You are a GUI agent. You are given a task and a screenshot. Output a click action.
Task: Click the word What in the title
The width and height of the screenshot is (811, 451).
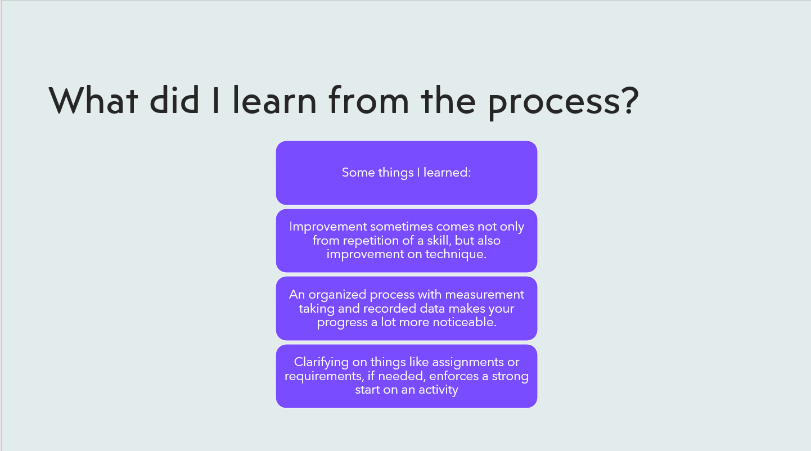tap(93, 100)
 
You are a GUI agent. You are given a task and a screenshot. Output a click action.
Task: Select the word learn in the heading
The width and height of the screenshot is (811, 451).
tap(274, 100)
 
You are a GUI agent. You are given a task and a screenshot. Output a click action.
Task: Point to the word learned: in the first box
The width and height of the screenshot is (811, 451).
tap(447, 172)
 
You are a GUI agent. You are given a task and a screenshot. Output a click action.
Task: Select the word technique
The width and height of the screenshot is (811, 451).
tap(456, 254)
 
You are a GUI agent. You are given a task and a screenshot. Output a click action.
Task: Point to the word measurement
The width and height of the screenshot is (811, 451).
tap(484, 295)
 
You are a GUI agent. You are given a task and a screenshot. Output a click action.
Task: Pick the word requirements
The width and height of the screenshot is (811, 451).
tap(324, 377)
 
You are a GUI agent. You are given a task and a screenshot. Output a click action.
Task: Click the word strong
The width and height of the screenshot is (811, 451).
tap(510, 377)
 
